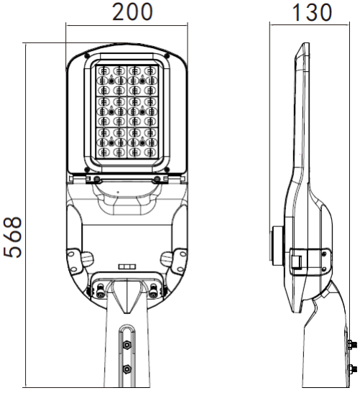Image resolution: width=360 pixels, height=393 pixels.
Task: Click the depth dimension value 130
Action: coord(313,12)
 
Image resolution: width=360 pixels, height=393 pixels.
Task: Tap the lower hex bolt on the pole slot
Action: coord(127,369)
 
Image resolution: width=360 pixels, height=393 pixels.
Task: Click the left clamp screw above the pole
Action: coord(100,290)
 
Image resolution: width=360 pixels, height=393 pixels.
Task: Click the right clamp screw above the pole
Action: coord(154,290)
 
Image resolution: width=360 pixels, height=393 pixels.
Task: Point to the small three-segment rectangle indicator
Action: coord(126,267)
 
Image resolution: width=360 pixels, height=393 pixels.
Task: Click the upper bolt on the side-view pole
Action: coord(354,346)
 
